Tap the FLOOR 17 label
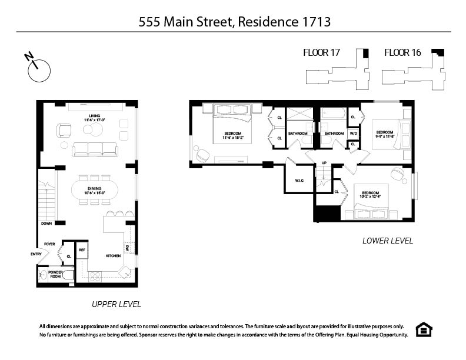click(x=321, y=53)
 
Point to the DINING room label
click(x=94, y=190)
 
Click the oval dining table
click(x=94, y=190)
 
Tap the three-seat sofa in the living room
click(x=95, y=149)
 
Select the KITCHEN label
click(x=113, y=256)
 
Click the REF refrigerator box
click(x=82, y=250)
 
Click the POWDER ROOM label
click(x=55, y=274)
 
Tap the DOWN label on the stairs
click(x=46, y=224)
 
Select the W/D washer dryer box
click(x=353, y=134)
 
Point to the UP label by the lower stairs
click(x=324, y=163)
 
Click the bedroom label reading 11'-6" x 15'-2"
click(x=233, y=136)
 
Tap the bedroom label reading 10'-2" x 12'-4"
click(x=370, y=195)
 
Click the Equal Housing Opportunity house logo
click(x=423, y=330)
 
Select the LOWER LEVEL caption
click(x=387, y=241)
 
